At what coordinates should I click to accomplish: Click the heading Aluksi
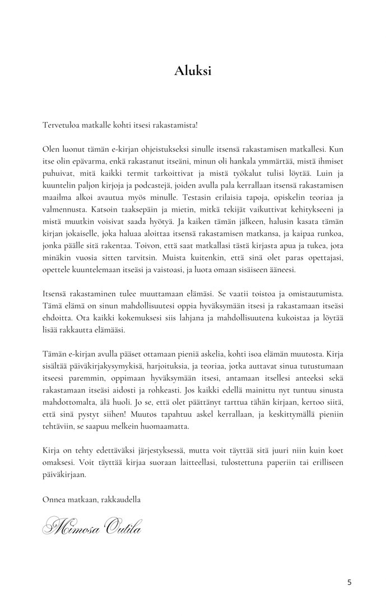pyautogui.click(x=193, y=71)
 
